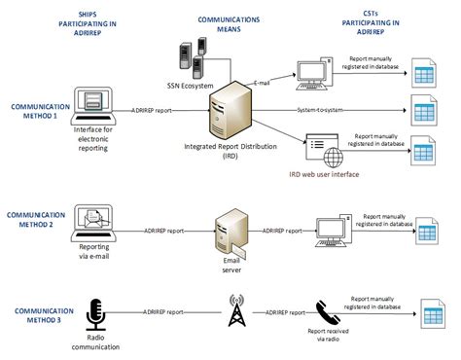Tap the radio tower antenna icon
click(x=234, y=313)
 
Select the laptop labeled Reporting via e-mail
click(x=93, y=224)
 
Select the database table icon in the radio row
click(x=429, y=313)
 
